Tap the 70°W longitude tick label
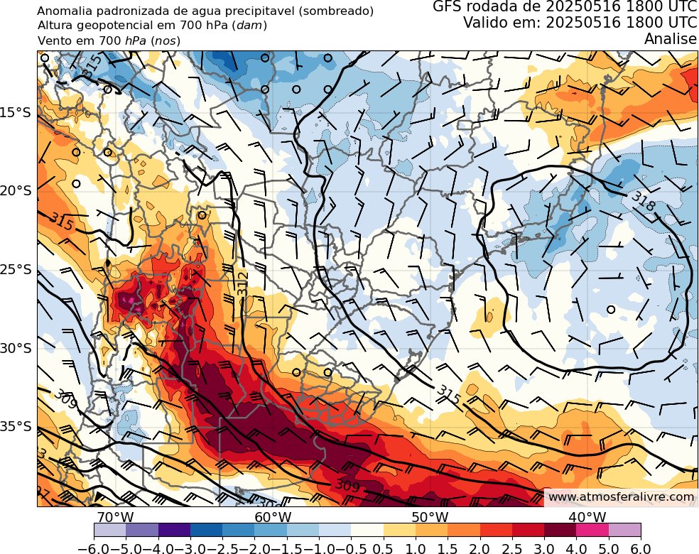[x=116, y=516]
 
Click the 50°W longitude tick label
[x=430, y=516]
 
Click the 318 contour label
[x=641, y=202]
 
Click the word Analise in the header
[x=670, y=40]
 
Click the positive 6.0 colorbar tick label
[x=641, y=545]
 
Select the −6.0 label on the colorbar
[x=94, y=545]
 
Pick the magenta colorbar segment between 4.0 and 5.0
[x=592, y=529]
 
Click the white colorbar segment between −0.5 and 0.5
[x=367, y=529]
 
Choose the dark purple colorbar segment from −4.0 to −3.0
[x=174, y=529]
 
